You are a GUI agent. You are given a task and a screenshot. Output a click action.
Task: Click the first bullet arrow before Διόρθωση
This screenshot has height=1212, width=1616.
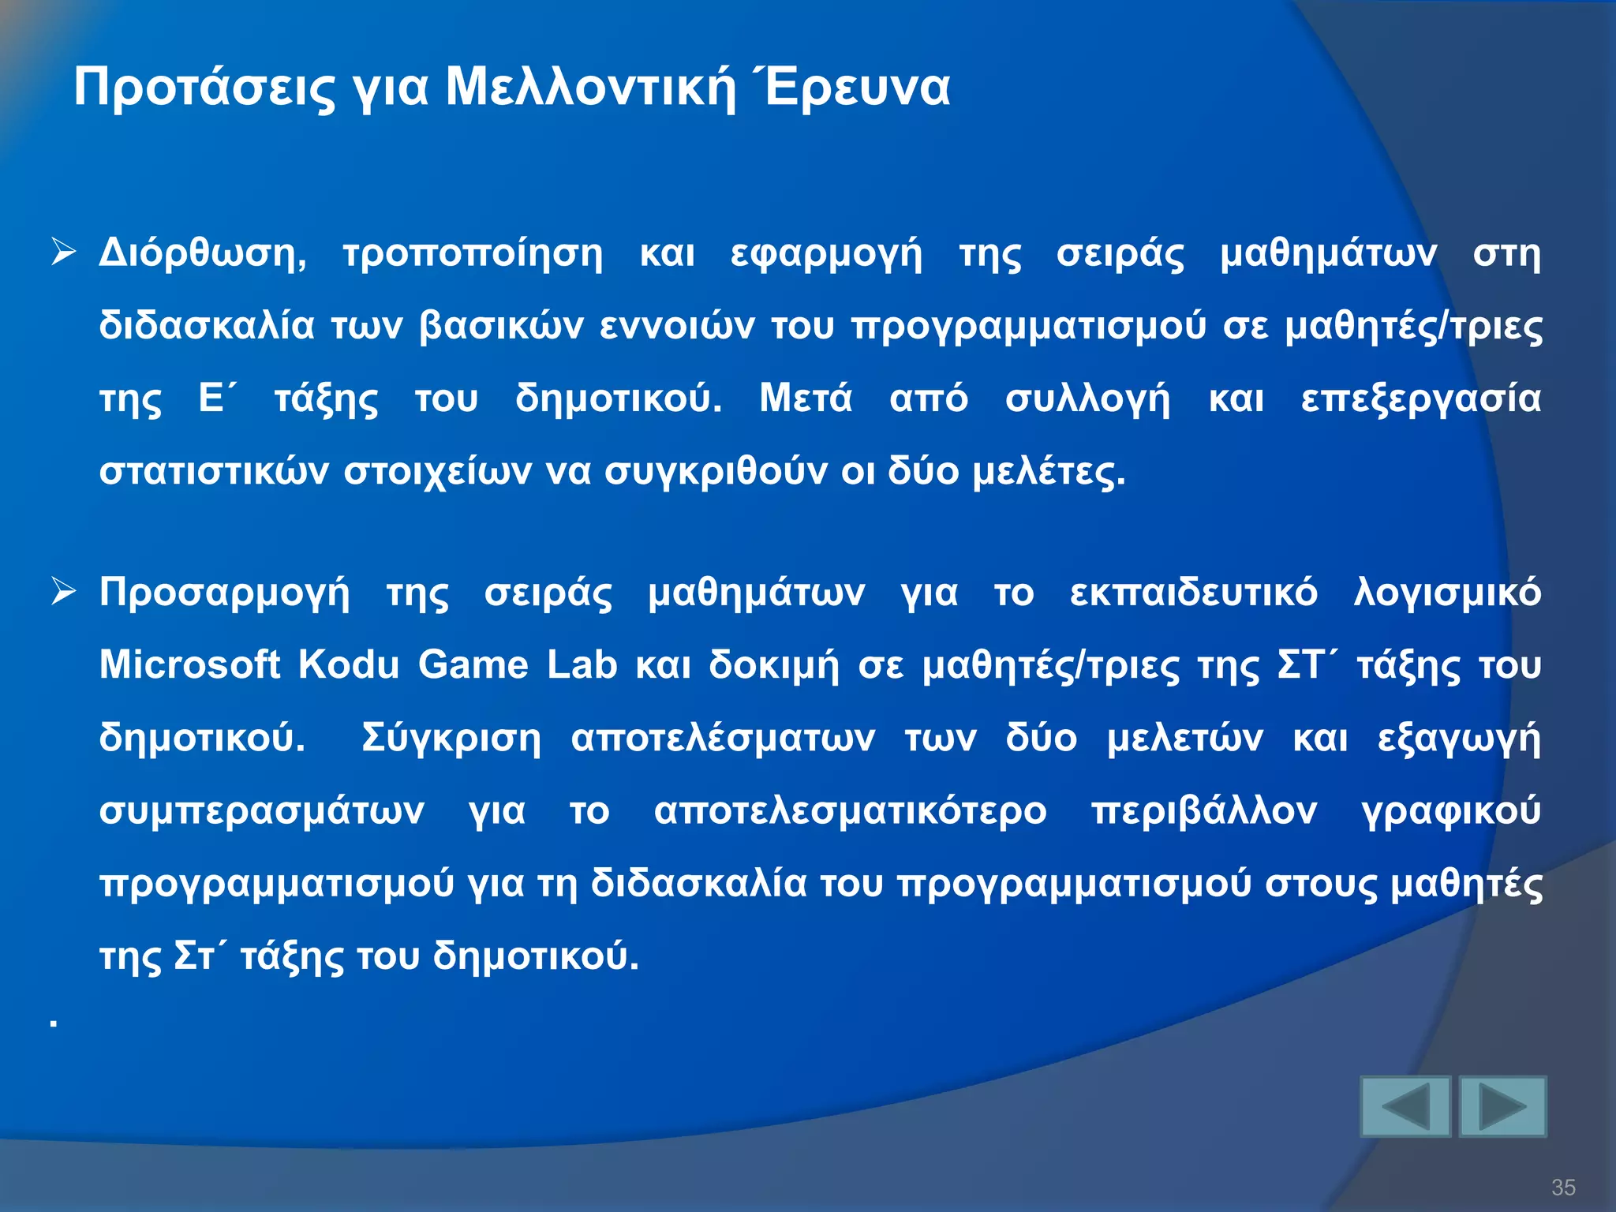point(63,252)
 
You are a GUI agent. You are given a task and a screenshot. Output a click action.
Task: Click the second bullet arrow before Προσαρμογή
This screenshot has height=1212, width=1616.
point(63,591)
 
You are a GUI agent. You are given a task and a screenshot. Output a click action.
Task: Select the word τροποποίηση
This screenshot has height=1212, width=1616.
point(473,254)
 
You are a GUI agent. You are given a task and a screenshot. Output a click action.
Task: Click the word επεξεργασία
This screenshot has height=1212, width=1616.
point(1420,399)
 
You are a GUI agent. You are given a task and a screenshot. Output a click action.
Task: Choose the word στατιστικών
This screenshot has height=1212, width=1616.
point(214,472)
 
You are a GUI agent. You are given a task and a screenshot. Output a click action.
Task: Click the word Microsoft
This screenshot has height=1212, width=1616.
point(189,664)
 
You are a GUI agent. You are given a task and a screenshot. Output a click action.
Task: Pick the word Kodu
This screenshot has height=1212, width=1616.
point(349,664)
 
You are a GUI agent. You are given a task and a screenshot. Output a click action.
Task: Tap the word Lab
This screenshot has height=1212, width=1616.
point(582,664)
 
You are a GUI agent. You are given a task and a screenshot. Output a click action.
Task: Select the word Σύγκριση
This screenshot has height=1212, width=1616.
point(451,739)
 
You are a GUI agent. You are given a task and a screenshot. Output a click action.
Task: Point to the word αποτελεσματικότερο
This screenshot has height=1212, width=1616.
point(850,811)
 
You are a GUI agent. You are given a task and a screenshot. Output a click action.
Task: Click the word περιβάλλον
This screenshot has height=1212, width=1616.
point(1204,811)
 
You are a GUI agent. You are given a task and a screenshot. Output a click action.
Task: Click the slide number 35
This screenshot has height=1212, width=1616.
point(1563,1187)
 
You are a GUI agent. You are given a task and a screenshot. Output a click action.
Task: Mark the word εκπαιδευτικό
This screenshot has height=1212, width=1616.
point(1193,593)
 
